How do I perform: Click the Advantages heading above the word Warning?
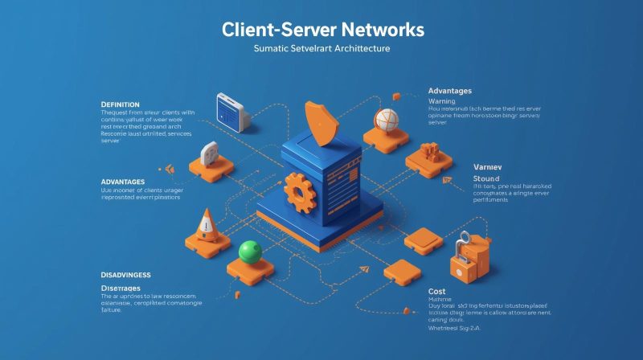pyautogui.click(x=450, y=91)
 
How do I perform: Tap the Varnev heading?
pyautogui.click(x=488, y=166)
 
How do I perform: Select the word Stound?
pyautogui.click(x=486, y=178)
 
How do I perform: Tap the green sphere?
pyautogui.click(x=249, y=252)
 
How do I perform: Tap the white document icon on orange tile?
pyautogui.click(x=210, y=153)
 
